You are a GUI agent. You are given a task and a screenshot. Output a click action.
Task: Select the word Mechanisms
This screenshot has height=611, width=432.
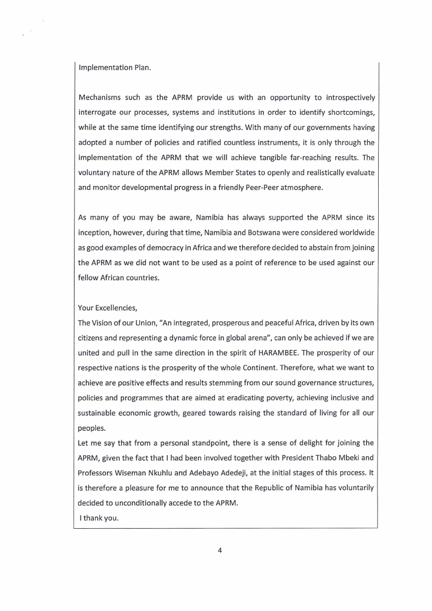(101, 98)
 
